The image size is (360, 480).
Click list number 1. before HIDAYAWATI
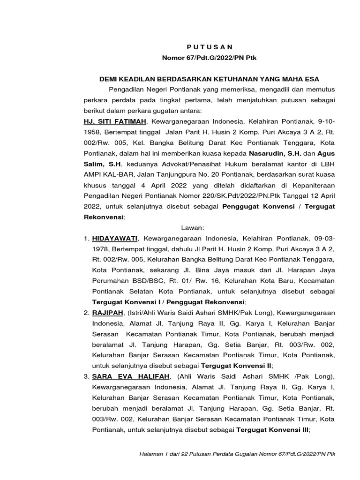point(86,239)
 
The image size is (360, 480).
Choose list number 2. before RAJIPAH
point(86,312)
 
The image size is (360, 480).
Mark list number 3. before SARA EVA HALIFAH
point(86,377)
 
